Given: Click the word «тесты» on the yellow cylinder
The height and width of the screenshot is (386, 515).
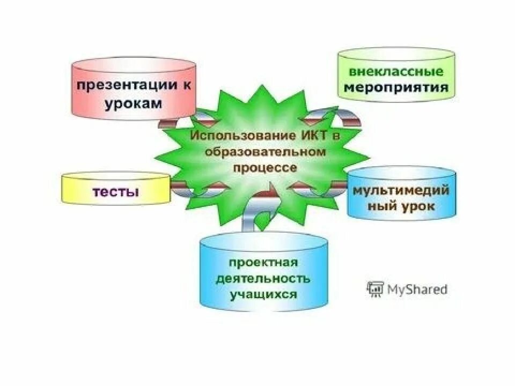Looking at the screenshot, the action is pos(116,192).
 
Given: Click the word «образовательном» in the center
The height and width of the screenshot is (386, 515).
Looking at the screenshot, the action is pos(265,152).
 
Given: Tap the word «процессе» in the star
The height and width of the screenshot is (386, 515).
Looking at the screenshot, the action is pos(265,168).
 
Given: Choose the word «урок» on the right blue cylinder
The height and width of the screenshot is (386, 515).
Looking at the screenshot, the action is pos(416,206).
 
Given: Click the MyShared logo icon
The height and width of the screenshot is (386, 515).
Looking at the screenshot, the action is pos(374,289).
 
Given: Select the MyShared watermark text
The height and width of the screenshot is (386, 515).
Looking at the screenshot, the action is pos(416,289).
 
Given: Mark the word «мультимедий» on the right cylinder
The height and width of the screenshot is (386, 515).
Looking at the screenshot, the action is pos(401,191).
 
